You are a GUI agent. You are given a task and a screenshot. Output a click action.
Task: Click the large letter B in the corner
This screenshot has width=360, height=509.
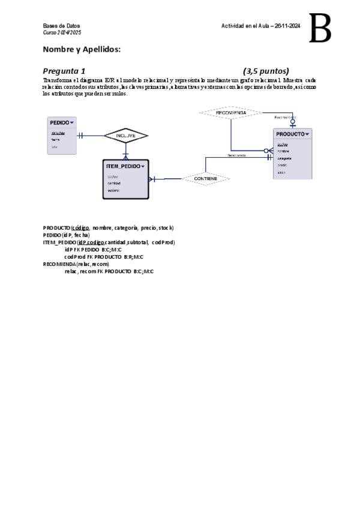point(320,29)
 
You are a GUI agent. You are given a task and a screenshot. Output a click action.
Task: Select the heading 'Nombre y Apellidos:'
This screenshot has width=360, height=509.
point(82,49)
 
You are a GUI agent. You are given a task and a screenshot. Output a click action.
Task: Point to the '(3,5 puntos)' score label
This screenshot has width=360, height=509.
point(266,71)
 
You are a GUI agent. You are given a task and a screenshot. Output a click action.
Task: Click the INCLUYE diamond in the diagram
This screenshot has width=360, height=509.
point(126,136)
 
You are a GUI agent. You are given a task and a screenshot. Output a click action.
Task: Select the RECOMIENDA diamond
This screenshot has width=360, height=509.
point(231,112)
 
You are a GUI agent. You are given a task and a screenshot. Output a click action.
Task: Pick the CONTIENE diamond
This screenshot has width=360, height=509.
point(206,178)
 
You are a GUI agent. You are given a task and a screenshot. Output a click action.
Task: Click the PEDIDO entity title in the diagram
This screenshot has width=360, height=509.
point(59,122)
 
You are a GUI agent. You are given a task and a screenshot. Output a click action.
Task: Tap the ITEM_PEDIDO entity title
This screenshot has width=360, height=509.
point(123,166)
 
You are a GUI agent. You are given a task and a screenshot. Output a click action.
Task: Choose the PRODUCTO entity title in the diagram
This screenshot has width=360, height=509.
point(290,134)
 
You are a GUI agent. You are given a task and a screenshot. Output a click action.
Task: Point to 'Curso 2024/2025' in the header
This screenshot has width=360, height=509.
point(62,32)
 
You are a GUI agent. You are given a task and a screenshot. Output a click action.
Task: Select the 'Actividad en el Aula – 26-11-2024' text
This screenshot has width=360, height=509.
point(261,26)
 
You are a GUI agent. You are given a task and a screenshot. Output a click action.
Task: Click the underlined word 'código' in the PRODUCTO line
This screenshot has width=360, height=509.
point(80,228)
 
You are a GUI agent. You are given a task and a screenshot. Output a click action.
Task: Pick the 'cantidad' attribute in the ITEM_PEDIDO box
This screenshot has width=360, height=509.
point(114,183)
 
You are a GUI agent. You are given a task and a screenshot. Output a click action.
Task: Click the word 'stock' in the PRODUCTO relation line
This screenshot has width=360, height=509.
point(166,228)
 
